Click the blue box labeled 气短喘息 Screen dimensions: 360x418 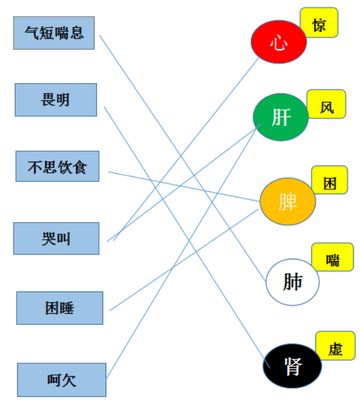[x=54, y=33]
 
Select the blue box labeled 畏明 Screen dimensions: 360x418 [x=56, y=100]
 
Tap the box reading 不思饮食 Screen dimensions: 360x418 [x=57, y=167]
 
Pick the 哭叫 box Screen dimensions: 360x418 [x=57, y=239]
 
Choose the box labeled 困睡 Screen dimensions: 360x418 [x=60, y=308]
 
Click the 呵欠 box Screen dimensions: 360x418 [x=61, y=380]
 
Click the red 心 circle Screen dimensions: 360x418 [x=279, y=42]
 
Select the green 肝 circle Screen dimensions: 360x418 [x=281, y=117]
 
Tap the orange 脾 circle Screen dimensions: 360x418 [x=288, y=202]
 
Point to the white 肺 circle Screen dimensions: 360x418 [x=292, y=282]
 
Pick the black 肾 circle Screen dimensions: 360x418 [x=292, y=366]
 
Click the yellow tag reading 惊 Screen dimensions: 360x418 [x=319, y=23]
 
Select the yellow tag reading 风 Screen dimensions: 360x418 [x=326, y=104]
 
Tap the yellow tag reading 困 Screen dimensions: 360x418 [x=330, y=180]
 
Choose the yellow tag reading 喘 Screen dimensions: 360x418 [x=332, y=257]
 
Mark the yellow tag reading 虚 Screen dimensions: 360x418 [x=335, y=345]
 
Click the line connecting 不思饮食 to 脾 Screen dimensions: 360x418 [x=184, y=187]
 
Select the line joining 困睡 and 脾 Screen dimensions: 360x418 [x=184, y=260]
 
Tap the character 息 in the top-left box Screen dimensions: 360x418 [x=77, y=33]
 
